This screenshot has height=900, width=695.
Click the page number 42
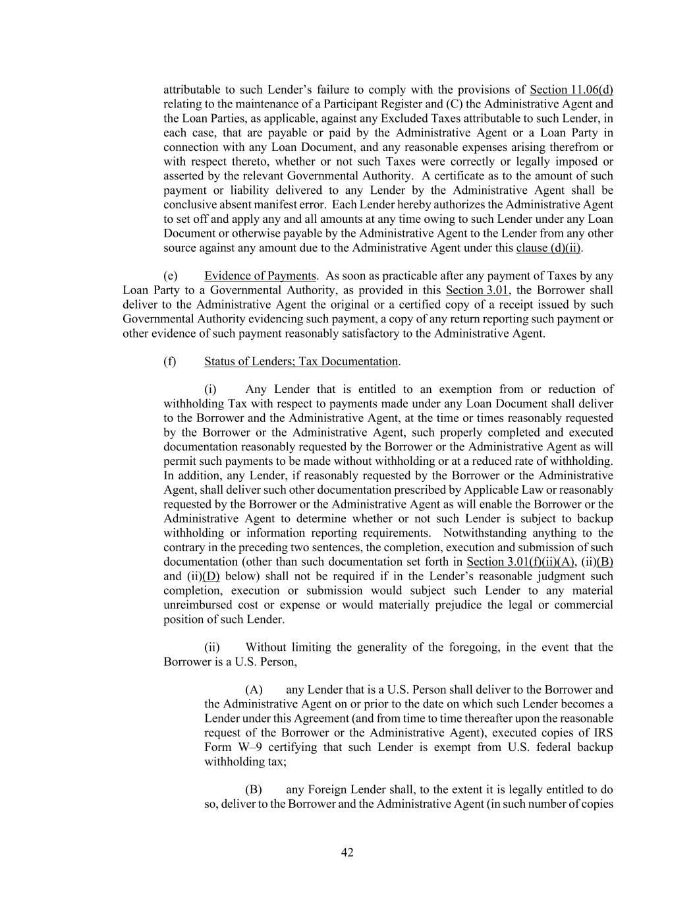point(347,853)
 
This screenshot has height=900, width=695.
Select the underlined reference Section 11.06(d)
point(571,90)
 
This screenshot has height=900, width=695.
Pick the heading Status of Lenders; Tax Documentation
point(301,361)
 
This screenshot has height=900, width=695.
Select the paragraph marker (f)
point(170,361)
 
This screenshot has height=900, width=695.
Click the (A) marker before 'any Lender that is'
point(254,690)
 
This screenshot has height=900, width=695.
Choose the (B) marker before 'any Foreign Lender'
point(254,789)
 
